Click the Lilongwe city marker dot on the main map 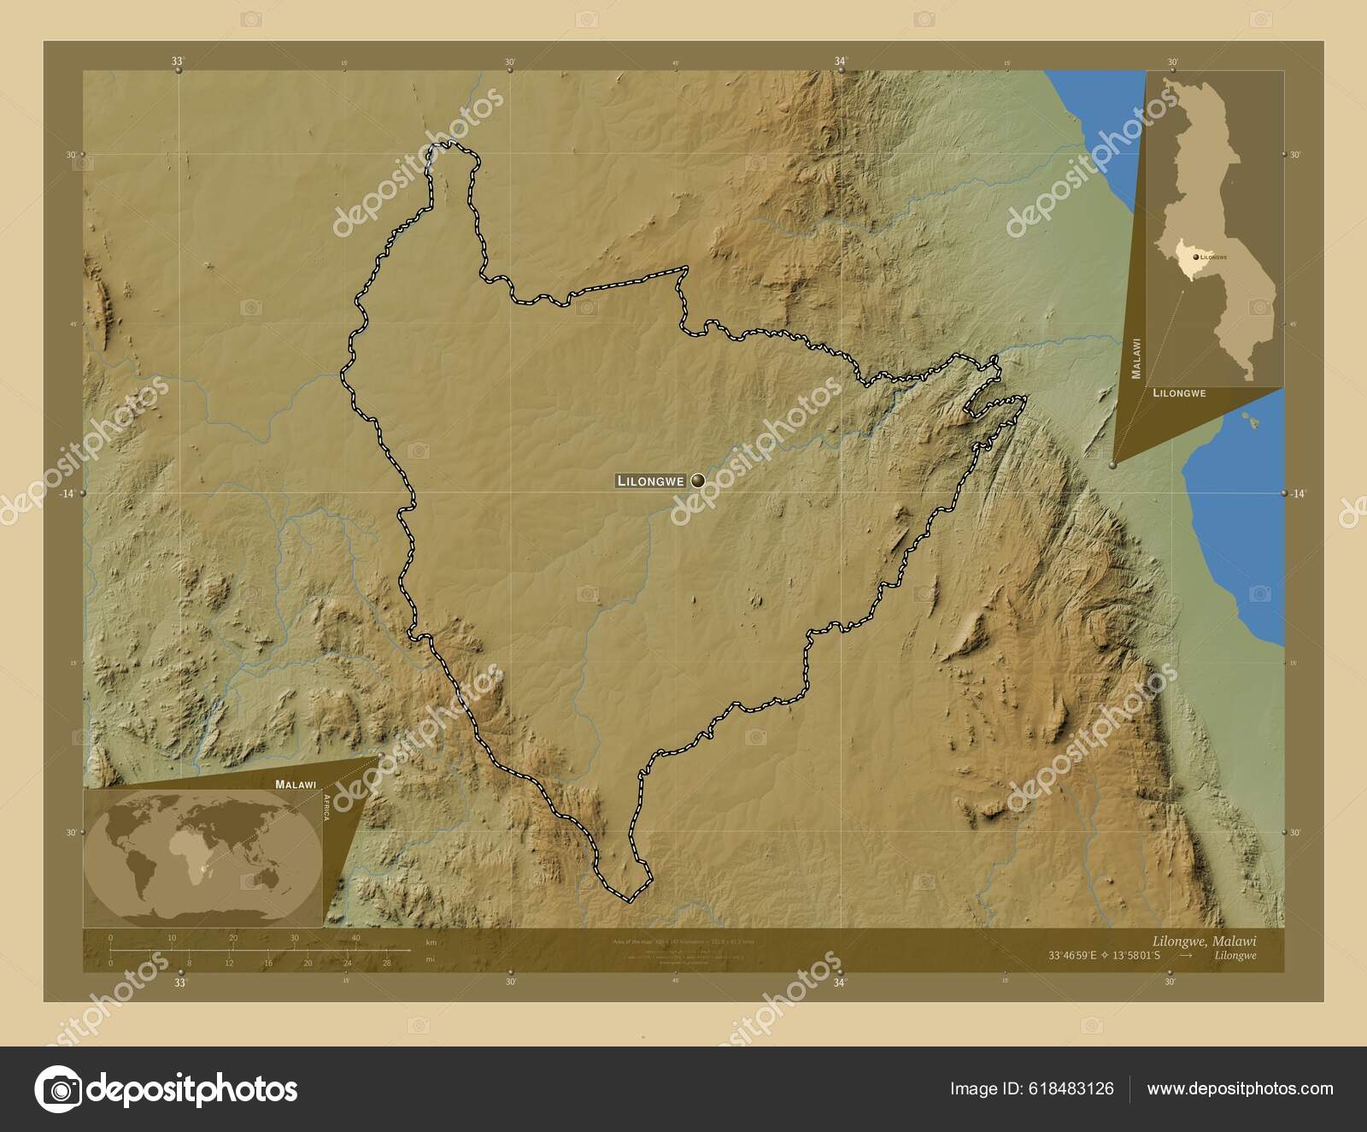(x=699, y=481)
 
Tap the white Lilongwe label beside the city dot (x=650, y=481)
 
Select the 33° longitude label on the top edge (x=178, y=61)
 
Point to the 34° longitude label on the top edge (x=841, y=61)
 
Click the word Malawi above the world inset (x=296, y=783)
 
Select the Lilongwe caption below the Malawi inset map (x=1179, y=393)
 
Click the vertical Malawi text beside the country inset (x=1136, y=358)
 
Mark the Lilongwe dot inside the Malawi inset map (x=1196, y=256)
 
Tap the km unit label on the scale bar (x=431, y=943)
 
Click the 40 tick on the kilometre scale (x=355, y=938)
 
